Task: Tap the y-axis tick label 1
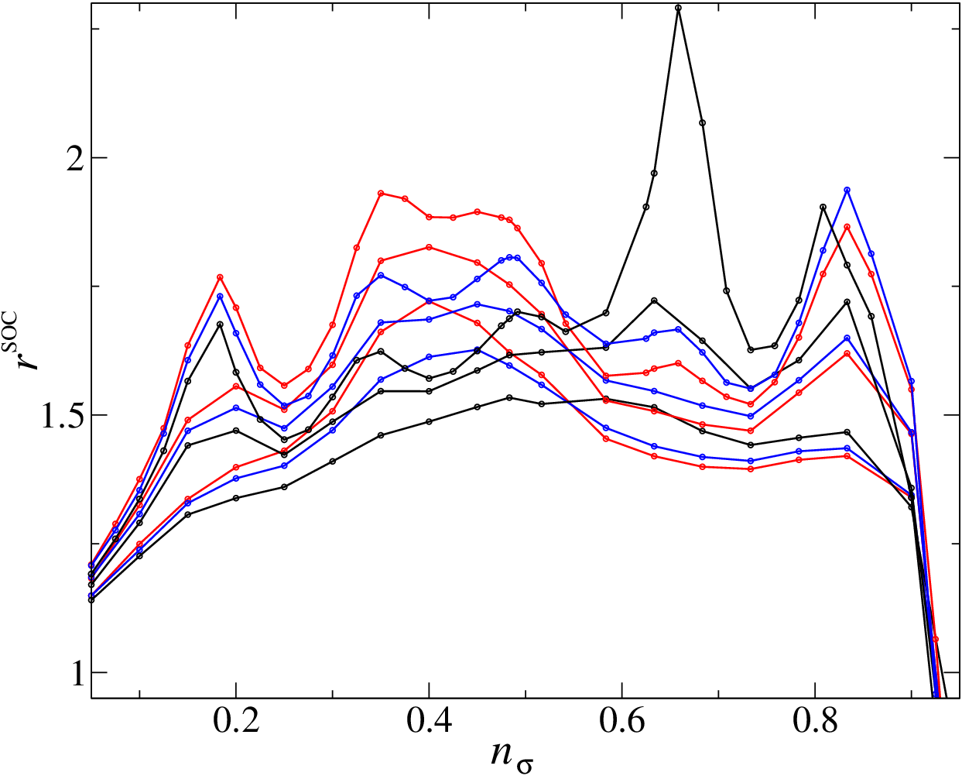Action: tap(77, 672)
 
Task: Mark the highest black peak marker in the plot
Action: tap(679, 8)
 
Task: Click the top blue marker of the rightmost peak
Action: tap(847, 190)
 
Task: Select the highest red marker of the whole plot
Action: tap(381, 193)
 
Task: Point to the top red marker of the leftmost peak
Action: tap(220, 277)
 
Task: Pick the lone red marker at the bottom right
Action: tap(935, 639)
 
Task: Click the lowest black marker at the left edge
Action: tap(91, 599)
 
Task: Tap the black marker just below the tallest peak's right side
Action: tap(702, 122)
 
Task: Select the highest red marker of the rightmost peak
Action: tap(847, 227)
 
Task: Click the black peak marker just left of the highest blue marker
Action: tap(823, 207)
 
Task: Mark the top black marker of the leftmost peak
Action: tap(220, 324)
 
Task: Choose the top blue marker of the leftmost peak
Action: tap(220, 296)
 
